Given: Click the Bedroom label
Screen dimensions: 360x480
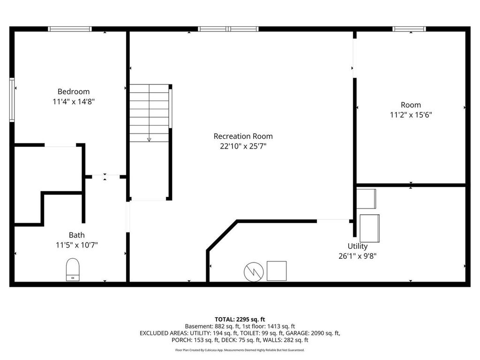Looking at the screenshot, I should [73, 91].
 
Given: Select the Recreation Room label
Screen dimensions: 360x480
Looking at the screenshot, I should [243, 136].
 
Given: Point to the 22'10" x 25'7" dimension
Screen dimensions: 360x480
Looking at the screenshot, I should [243, 146].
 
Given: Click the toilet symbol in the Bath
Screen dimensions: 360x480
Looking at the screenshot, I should [73, 270].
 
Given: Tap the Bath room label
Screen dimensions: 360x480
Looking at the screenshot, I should [76, 235].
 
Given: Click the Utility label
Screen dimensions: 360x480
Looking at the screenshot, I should [357, 246].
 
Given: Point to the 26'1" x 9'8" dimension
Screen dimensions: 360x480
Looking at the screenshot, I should [357, 256].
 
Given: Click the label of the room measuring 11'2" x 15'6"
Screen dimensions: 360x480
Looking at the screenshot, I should [411, 105].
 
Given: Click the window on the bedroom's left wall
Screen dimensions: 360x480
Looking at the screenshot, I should [12, 100].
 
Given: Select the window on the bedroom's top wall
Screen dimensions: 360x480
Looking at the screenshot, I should [70, 29].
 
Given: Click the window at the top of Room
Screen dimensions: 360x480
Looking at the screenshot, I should [409, 29].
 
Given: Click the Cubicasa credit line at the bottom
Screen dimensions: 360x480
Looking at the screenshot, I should [240, 350].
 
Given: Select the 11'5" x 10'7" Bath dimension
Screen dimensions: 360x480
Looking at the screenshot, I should [76, 245].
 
